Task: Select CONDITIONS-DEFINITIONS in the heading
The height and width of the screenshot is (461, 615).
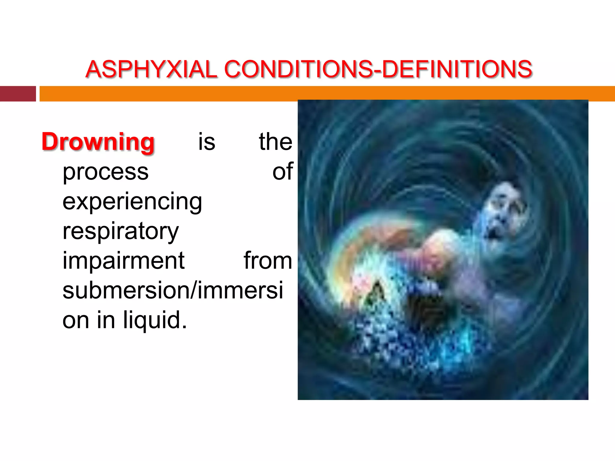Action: pos(378,69)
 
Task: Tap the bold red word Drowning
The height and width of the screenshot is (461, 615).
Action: pos(98,142)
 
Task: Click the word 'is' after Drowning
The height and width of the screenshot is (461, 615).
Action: pos(207,142)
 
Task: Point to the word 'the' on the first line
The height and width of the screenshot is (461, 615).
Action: pos(275,142)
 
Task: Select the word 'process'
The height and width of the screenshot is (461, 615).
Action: pos(105,172)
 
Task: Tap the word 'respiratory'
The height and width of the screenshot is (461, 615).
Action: pos(120,231)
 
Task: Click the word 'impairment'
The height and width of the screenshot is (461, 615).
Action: pos(123,261)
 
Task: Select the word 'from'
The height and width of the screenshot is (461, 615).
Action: pos(268,261)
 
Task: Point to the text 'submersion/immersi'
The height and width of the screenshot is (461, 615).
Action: pos(173,290)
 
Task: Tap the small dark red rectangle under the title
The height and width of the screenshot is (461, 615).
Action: pos(18,94)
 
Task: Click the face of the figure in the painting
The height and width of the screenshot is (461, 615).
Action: pos(504,210)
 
